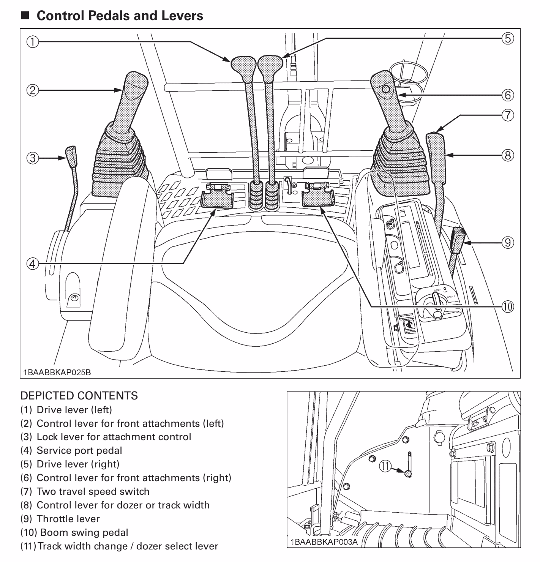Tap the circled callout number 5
[x=508, y=38]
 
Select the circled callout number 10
[x=508, y=306]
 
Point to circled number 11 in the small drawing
[x=385, y=466]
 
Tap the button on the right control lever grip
[x=386, y=89]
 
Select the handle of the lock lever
[x=71, y=154]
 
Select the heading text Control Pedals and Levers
[x=120, y=16]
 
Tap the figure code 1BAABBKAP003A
[x=324, y=541]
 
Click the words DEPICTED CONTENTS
[x=79, y=396]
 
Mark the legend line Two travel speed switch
[x=85, y=491]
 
